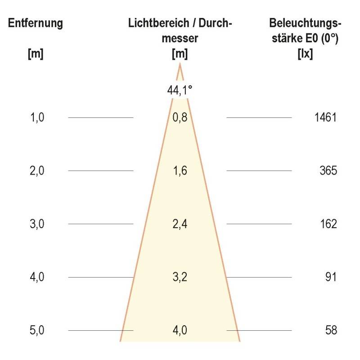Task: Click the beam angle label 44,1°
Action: [x=180, y=90]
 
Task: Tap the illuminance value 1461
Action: [x=326, y=118]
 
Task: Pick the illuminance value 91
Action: [x=331, y=277]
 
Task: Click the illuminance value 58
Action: [x=331, y=330]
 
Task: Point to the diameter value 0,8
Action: [x=180, y=118]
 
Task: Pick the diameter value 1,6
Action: [x=180, y=171]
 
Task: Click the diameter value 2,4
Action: [x=180, y=224]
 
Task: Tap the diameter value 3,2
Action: [x=180, y=277]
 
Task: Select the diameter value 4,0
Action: [x=180, y=330]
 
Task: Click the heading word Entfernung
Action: [x=35, y=23]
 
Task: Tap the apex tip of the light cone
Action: [x=180, y=64]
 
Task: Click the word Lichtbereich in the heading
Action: [x=152, y=23]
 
